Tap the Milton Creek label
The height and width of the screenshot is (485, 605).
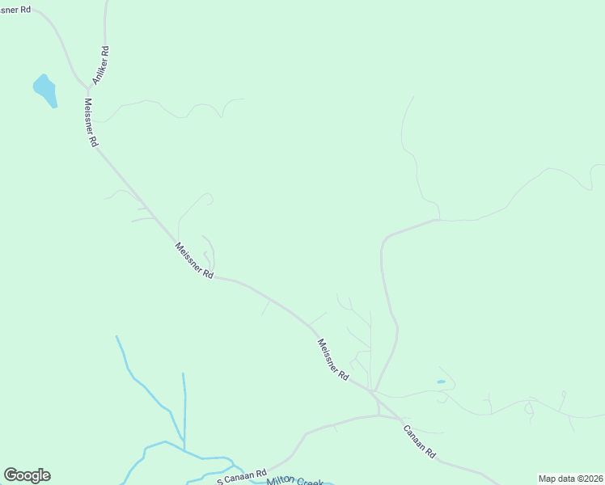point(294,481)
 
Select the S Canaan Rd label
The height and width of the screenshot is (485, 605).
point(241,476)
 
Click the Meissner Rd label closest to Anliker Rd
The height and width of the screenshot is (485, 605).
point(90,122)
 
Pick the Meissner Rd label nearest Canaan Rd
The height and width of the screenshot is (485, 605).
point(332,360)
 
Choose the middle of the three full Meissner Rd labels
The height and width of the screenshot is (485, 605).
point(194,261)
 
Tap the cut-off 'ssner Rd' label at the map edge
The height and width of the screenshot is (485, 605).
point(15,9)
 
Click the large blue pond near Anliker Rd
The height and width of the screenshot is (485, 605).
point(44,90)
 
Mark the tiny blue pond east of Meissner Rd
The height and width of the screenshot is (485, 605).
point(441,382)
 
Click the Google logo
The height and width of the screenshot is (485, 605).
point(27,475)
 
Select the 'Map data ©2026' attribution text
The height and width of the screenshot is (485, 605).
point(571,479)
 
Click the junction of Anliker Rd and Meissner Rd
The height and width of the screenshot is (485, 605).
point(88,86)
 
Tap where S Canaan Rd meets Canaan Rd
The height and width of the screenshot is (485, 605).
point(379,415)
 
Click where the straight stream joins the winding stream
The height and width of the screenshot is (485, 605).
point(184,449)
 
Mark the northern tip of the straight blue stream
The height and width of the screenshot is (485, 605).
point(183,373)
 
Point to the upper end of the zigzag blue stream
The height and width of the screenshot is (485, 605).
point(116,336)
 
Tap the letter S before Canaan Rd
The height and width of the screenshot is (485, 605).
point(219,482)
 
